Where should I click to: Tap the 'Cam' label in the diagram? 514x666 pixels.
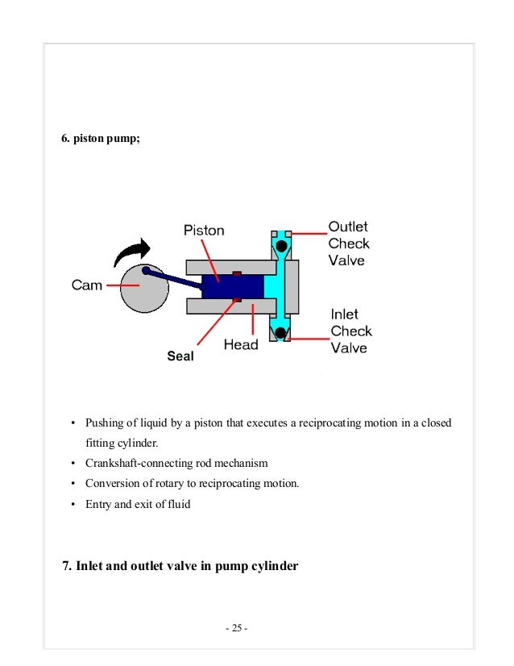tap(87, 285)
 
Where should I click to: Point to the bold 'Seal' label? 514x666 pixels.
tap(180, 356)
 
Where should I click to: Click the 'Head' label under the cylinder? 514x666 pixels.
tap(240, 344)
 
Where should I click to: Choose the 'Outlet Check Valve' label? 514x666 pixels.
tap(348, 244)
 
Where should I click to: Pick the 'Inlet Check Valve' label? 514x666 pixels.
tap(350, 331)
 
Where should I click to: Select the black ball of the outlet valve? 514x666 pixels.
tap(280, 245)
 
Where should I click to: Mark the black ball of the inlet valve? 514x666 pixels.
tap(280, 331)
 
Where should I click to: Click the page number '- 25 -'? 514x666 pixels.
tap(236, 628)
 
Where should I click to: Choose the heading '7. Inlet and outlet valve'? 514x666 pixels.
tap(180, 566)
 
